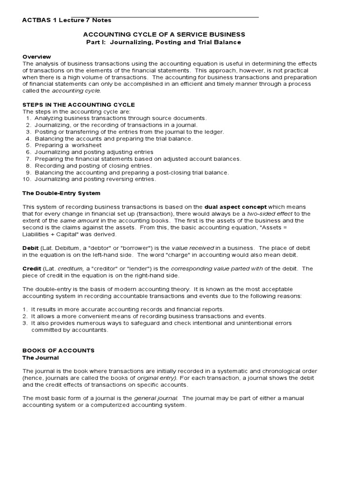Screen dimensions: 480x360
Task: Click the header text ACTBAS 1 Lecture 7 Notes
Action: click(67, 20)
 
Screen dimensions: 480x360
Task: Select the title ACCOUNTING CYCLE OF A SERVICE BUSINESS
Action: click(164, 35)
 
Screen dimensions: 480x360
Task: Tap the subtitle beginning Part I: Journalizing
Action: click(164, 42)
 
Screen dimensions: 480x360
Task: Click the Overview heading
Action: click(37, 57)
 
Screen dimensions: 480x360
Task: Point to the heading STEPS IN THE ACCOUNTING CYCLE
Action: click(79, 104)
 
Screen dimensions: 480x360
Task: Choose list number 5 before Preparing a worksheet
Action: click(28, 145)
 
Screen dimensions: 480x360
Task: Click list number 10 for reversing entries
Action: click(27, 179)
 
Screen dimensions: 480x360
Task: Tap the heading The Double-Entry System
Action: click(61, 193)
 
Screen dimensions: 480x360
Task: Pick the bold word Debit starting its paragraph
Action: click(30, 248)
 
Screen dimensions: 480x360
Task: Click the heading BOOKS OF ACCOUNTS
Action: click(59, 350)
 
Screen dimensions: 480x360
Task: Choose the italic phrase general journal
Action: click(155, 398)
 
